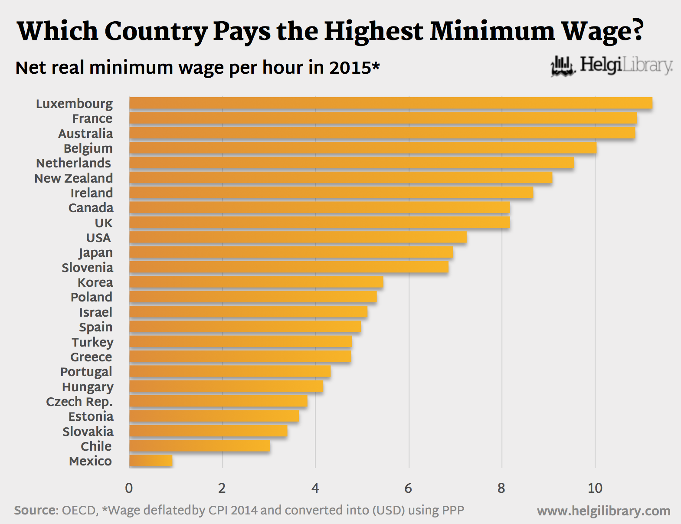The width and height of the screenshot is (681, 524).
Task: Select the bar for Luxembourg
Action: click(x=390, y=103)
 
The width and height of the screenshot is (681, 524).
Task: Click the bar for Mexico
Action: click(x=151, y=461)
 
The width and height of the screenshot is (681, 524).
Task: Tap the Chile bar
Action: click(x=200, y=446)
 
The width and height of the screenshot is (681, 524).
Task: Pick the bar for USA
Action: click(x=298, y=237)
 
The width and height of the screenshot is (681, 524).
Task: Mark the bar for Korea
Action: click(x=256, y=282)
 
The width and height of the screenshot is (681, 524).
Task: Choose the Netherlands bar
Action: click(x=351, y=163)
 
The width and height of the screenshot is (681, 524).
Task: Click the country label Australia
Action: click(x=85, y=133)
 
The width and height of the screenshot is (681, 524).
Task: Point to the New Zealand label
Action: click(x=73, y=178)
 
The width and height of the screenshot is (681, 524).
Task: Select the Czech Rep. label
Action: click(x=79, y=402)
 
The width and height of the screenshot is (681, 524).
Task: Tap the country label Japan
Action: click(x=95, y=252)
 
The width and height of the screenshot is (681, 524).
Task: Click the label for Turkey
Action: click(x=92, y=342)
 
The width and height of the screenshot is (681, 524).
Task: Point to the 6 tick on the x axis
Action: click(x=408, y=488)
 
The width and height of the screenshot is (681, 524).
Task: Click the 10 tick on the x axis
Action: click(x=595, y=488)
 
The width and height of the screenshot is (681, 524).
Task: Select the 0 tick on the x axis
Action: click(x=129, y=488)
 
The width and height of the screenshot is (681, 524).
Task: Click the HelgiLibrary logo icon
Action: click(x=563, y=66)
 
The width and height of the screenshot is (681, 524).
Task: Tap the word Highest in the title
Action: click(x=373, y=31)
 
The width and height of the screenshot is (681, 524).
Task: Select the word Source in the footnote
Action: click(x=35, y=510)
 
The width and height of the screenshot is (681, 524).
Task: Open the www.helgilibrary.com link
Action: click(x=603, y=511)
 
